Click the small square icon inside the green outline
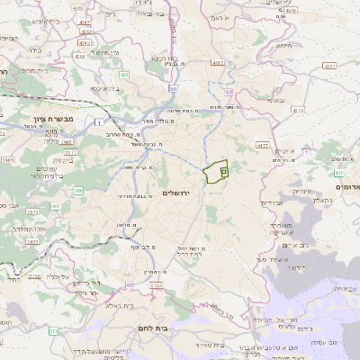[224, 168]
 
